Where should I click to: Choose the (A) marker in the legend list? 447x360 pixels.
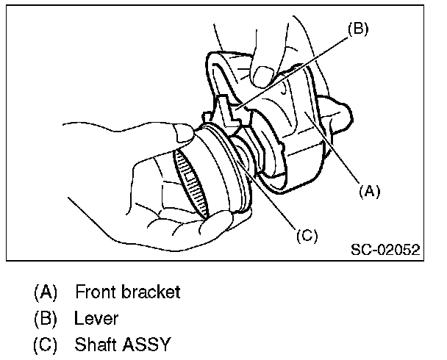tap(46, 292)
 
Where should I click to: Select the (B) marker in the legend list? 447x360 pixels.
tap(46, 318)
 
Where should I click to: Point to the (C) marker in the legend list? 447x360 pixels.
tap(46, 345)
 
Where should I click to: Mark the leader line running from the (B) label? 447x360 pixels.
tap(294, 73)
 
